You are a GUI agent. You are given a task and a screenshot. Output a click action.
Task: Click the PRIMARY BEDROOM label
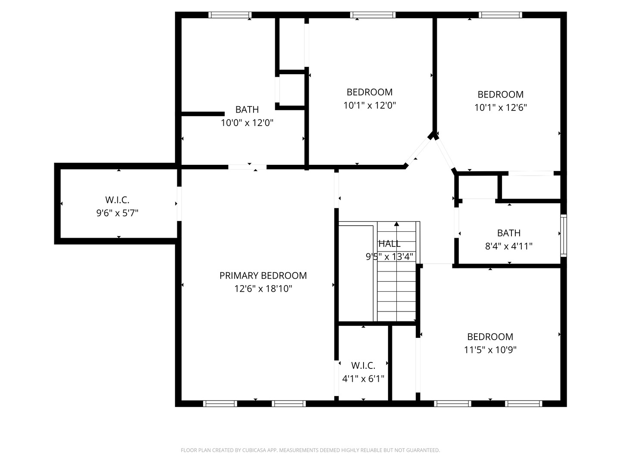pyautogui.click(x=263, y=275)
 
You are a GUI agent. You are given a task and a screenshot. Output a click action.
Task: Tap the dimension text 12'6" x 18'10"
pyautogui.click(x=263, y=289)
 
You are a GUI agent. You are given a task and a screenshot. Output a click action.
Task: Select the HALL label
pyautogui.click(x=389, y=244)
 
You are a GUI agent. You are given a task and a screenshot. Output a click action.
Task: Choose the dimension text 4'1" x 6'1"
pyautogui.click(x=363, y=379)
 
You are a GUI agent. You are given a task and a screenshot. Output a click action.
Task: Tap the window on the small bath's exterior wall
pyautogui.click(x=563, y=235)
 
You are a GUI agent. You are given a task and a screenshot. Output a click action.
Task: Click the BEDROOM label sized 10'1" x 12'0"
pyautogui.click(x=370, y=92)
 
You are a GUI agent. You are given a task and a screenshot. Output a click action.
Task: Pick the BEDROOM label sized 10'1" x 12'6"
pyautogui.click(x=500, y=94)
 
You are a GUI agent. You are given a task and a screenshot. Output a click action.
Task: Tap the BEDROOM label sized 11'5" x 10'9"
pyautogui.click(x=490, y=337)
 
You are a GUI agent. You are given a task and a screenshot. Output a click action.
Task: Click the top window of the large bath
pyautogui.click(x=230, y=15)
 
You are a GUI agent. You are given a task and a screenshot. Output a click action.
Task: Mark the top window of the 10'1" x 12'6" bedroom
pyautogui.click(x=501, y=15)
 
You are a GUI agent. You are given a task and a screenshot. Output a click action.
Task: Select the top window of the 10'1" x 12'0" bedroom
pyautogui.click(x=373, y=15)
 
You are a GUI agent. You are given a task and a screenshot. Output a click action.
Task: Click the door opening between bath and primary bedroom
pyautogui.click(x=247, y=167)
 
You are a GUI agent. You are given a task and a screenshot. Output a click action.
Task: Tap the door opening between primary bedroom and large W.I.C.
pyautogui.click(x=179, y=204)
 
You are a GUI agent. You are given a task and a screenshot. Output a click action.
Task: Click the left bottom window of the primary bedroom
pyautogui.click(x=220, y=404)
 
